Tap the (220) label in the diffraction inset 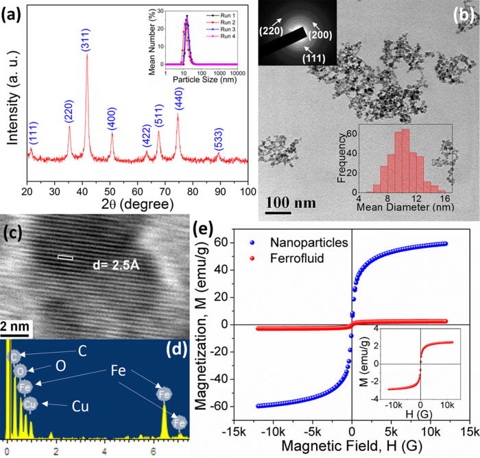[x=273, y=29]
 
